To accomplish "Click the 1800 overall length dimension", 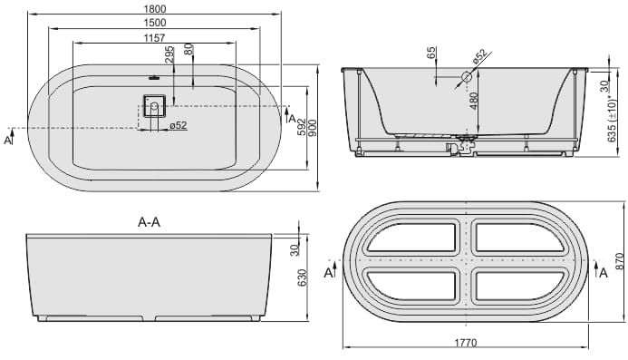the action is [154, 8].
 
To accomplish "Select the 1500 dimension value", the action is [154, 23].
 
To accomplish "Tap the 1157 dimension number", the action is [154, 38].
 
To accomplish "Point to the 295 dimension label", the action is [169, 55].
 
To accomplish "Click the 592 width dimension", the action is [302, 127].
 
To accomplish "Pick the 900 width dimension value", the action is [312, 128].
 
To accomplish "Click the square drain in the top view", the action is [154, 106].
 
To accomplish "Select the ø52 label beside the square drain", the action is [179, 125].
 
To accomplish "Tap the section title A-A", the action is [149, 222].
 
